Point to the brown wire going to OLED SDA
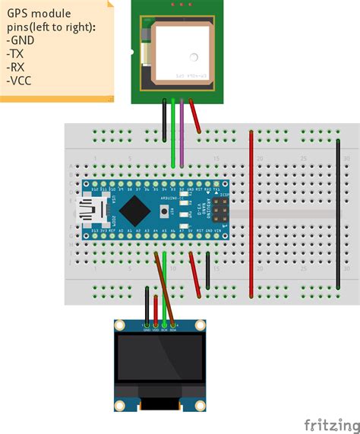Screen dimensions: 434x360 [166, 289]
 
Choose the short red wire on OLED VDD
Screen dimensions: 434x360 [156, 308]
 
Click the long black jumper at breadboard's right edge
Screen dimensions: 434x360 [338, 213]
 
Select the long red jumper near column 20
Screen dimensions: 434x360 [251, 213]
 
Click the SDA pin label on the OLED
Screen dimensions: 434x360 [173, 329]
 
